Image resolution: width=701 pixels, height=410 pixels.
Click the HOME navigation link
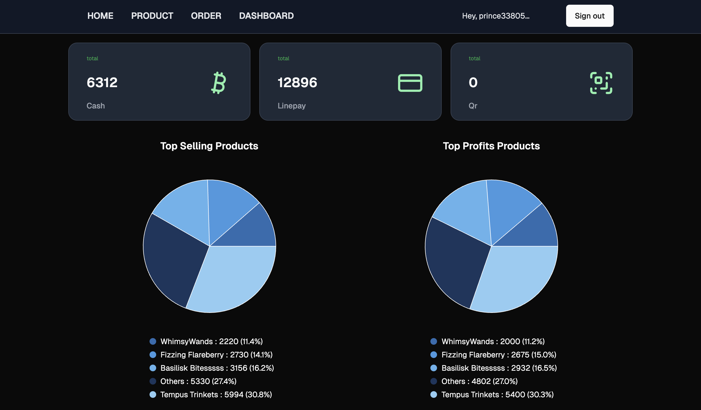(x=100, y=16)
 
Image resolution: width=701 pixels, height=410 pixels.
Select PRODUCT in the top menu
(x=152, y=16)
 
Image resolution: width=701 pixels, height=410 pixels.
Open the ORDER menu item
(x=206, y=16)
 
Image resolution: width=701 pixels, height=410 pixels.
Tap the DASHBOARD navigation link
(x=266, y=16)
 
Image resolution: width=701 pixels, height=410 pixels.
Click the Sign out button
(x=590, y=16)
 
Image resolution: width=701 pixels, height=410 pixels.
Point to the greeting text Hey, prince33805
(x=496, y=16)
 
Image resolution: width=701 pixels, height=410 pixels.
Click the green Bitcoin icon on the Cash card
(x=219, y=83)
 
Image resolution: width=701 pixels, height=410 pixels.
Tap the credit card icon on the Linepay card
(x=410, y=83)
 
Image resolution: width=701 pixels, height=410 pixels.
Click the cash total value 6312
(x=102, y=82)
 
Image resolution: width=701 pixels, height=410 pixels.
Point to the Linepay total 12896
(x=297, y=82)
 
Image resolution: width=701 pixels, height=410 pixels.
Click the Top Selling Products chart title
(x=209, y=146)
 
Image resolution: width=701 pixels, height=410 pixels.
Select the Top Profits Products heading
(x=491, y=146)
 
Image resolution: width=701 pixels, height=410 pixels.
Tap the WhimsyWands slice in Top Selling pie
(x=250, y=231)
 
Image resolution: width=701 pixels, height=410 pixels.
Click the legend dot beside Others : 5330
(x=153, y=381)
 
